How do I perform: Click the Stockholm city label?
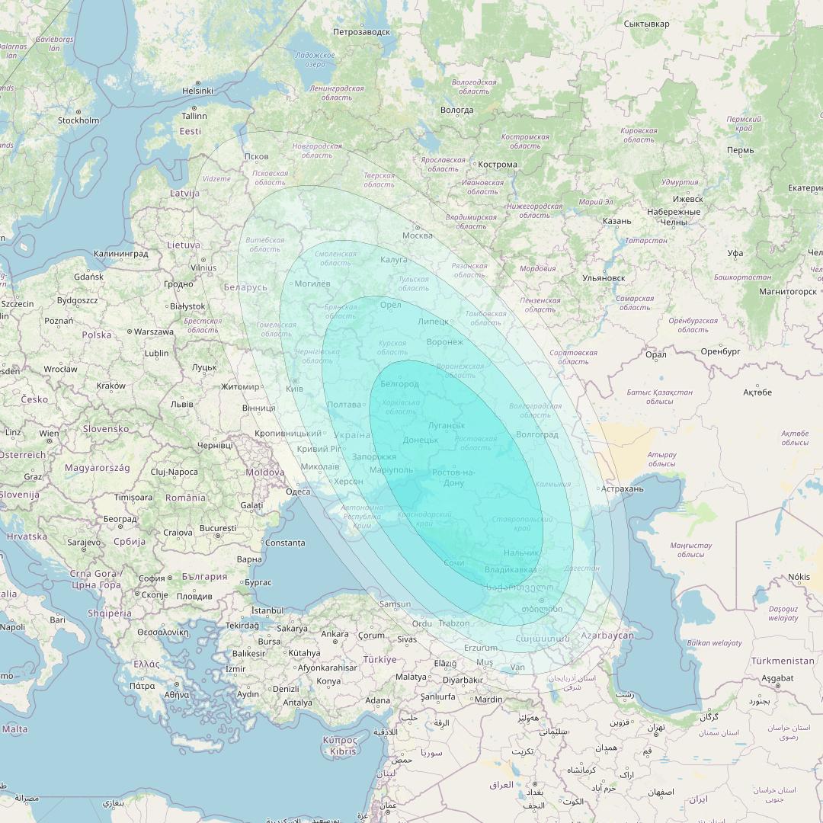pyautogui.click(x=78, y=120)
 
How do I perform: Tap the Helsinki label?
pyautogui.click(x=197, y=91)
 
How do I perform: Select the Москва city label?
pyautogui.click(x=417, y=235)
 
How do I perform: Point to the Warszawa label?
pyautogui.click(x=155, y=332)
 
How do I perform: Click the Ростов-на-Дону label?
pyautogui.click(x=453, y=478)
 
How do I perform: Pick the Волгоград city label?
pyautogui.click(x=536, y=435)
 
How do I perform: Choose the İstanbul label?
pyautogui.click(x=267, y=610)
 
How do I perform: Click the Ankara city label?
pyautogui.click(x=335, y=634)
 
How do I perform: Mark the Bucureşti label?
pyautogui.click(x=218, y=528)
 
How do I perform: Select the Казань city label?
pyautogui.click(x=616, y=221)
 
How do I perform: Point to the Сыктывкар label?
pyautogui.click(x=646, y=24)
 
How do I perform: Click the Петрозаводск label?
pyautogui.click(x=361, y=32)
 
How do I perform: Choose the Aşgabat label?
pyautogui.click(x=777, y=677)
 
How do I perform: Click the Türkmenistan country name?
pyautogui.click(x=782, y=661)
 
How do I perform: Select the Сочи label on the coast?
pyautogui.click(x=453, y=562)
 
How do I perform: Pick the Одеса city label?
pyautogui.click(x=298, y=492)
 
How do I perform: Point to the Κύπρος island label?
pyautogui.click(x=339, y=740)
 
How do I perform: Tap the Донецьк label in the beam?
pyautogui.click(x=420, y=440)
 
